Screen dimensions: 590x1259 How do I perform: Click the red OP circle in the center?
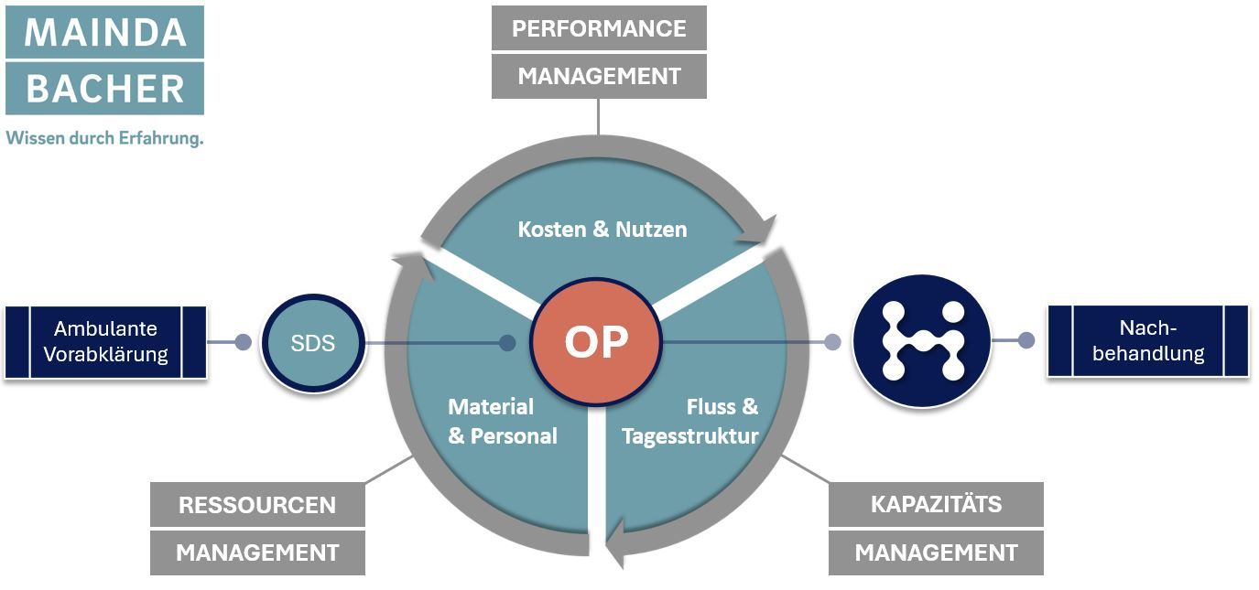click(597, 341)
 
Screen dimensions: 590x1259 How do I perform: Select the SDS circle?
click(313, 343)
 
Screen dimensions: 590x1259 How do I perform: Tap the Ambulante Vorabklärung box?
click(105, 342)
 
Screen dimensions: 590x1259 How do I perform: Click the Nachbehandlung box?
click(1147, 341)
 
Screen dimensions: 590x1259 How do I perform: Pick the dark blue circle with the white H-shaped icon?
click(922, 341)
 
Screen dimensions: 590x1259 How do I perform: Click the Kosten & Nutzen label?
click(602, 229)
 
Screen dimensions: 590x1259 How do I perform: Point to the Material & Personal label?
click(502, 421)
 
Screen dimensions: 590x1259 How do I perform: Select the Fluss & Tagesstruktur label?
click(690, 421)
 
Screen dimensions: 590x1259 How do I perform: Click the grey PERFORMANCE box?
click(599, 28)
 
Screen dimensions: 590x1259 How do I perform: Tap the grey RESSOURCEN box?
click(257, 505)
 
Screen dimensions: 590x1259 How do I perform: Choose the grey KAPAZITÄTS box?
click(936, 504)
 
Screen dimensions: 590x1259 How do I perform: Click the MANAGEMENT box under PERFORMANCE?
click(599, 76)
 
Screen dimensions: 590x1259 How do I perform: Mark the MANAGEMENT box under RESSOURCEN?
click(257, 552)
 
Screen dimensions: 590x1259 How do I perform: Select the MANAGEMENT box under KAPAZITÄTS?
click(936, 552)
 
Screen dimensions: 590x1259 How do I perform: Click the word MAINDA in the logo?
click(104, 32)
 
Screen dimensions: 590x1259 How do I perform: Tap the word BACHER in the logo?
click(104, 89)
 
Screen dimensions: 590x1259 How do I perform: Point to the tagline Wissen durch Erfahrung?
click(104, 138)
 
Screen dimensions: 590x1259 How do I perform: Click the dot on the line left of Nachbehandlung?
click(1026, 341)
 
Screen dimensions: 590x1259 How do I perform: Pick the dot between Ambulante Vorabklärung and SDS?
click(243, 342)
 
